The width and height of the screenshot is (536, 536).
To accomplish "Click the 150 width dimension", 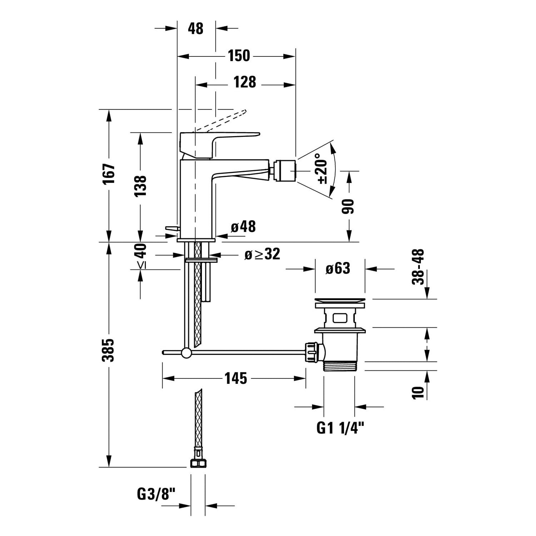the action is (x=239, y=56).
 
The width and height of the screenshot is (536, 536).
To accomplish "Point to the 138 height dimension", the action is (x=140, y=185).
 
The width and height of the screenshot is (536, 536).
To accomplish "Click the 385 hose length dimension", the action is (x=109, y=350).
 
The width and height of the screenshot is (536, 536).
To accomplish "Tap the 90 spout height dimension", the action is (x=348, y=206).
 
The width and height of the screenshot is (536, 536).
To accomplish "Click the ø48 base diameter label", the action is (x=243, y=226).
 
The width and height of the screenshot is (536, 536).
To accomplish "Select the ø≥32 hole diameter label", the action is (x=262, y=254).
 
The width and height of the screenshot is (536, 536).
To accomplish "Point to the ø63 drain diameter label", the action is (x=338, y=268).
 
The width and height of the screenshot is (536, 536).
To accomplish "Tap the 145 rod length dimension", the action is (x=236, y=378).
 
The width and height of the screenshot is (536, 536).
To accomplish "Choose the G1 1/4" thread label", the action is (x=340, y=427).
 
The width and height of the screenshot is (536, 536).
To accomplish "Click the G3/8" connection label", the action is (x=157, y=495).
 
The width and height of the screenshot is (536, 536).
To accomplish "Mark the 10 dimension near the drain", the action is (x=418, y=392).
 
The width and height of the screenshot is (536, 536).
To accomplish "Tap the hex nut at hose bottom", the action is (x=198, y=463).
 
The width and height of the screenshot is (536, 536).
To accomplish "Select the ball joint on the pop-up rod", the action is (x=186, y=353).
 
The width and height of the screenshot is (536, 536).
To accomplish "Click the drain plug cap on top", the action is (x=340, y=303).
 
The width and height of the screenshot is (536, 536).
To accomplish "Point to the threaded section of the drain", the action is (x=340, y=366).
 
